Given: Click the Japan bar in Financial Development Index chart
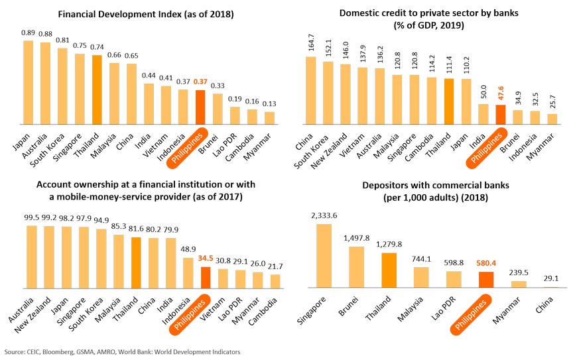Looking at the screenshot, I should (x=29, y=82).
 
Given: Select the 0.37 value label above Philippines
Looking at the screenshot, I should (x=201, y=81).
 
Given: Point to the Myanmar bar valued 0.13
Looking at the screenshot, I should (x=269, y=117).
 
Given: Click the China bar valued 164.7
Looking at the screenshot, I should (x=310, y=90).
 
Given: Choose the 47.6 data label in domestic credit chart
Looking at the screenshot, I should (x=501, y=95).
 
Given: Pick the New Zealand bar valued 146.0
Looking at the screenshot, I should (x=345, y=93).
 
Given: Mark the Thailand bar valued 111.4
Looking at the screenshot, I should (x=449, y=101).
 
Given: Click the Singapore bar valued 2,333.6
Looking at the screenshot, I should (x=324, y=255).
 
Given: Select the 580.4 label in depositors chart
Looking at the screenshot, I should (x=487, y=263).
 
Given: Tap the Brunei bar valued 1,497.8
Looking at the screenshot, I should (x=356, y=267).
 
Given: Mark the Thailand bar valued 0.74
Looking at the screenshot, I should (x=97, y=89).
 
